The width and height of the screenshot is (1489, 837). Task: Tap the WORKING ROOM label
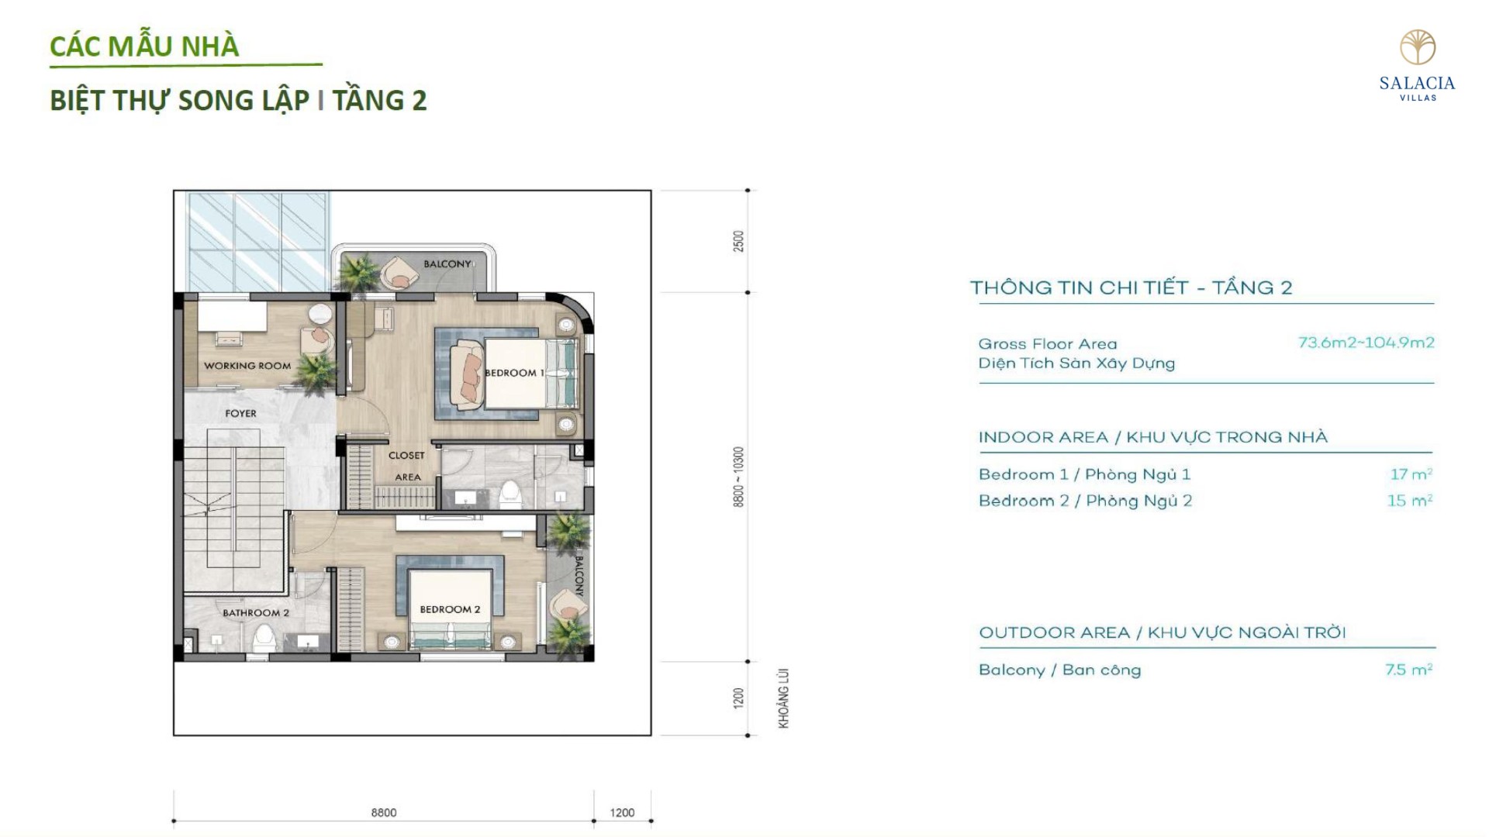247,366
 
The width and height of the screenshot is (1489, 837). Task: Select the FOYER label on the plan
240,414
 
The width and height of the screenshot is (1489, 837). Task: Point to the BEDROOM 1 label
514,373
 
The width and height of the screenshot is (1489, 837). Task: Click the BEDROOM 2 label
450,609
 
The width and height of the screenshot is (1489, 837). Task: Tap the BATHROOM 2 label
256,613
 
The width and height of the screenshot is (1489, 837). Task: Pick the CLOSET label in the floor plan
406,456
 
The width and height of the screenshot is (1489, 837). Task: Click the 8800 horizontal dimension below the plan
384,813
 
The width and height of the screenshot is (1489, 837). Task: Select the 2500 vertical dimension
739,241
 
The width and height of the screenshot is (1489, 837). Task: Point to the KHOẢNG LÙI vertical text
784,698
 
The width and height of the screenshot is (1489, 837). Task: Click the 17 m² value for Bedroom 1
1411,474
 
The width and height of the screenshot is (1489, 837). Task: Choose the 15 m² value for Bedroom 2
1409,501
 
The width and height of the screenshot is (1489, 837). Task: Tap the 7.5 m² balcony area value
1408,670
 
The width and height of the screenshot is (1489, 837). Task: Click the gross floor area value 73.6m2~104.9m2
1366,343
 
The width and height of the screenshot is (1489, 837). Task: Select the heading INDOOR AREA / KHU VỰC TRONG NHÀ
1153,437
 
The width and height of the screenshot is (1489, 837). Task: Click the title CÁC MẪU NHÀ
144,46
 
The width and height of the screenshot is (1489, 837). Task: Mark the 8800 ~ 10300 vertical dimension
739,477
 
